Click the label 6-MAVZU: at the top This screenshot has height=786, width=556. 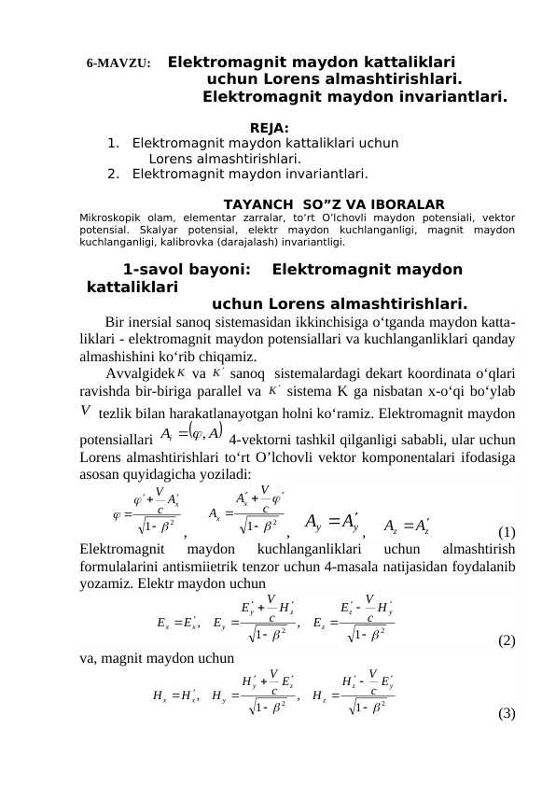click(119, 63)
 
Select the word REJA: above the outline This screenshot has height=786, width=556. click(270, 128)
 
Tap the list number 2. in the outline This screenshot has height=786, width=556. click(113, 173)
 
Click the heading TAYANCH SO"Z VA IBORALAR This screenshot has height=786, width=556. click(335, 204)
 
